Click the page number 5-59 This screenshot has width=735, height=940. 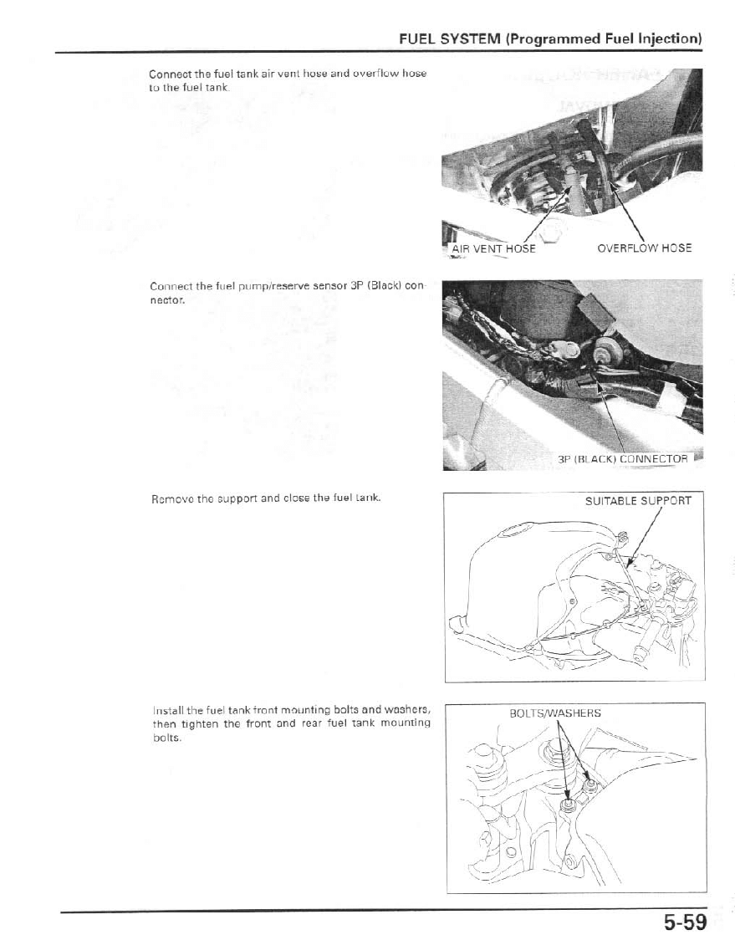685,922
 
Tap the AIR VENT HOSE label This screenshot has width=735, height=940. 493,248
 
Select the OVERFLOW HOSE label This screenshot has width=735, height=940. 644,248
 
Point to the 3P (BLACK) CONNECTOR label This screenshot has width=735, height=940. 622,459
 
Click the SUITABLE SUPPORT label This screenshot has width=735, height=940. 638,501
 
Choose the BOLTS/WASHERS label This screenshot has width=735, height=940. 555,713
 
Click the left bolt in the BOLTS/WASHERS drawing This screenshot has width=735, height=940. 568,805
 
